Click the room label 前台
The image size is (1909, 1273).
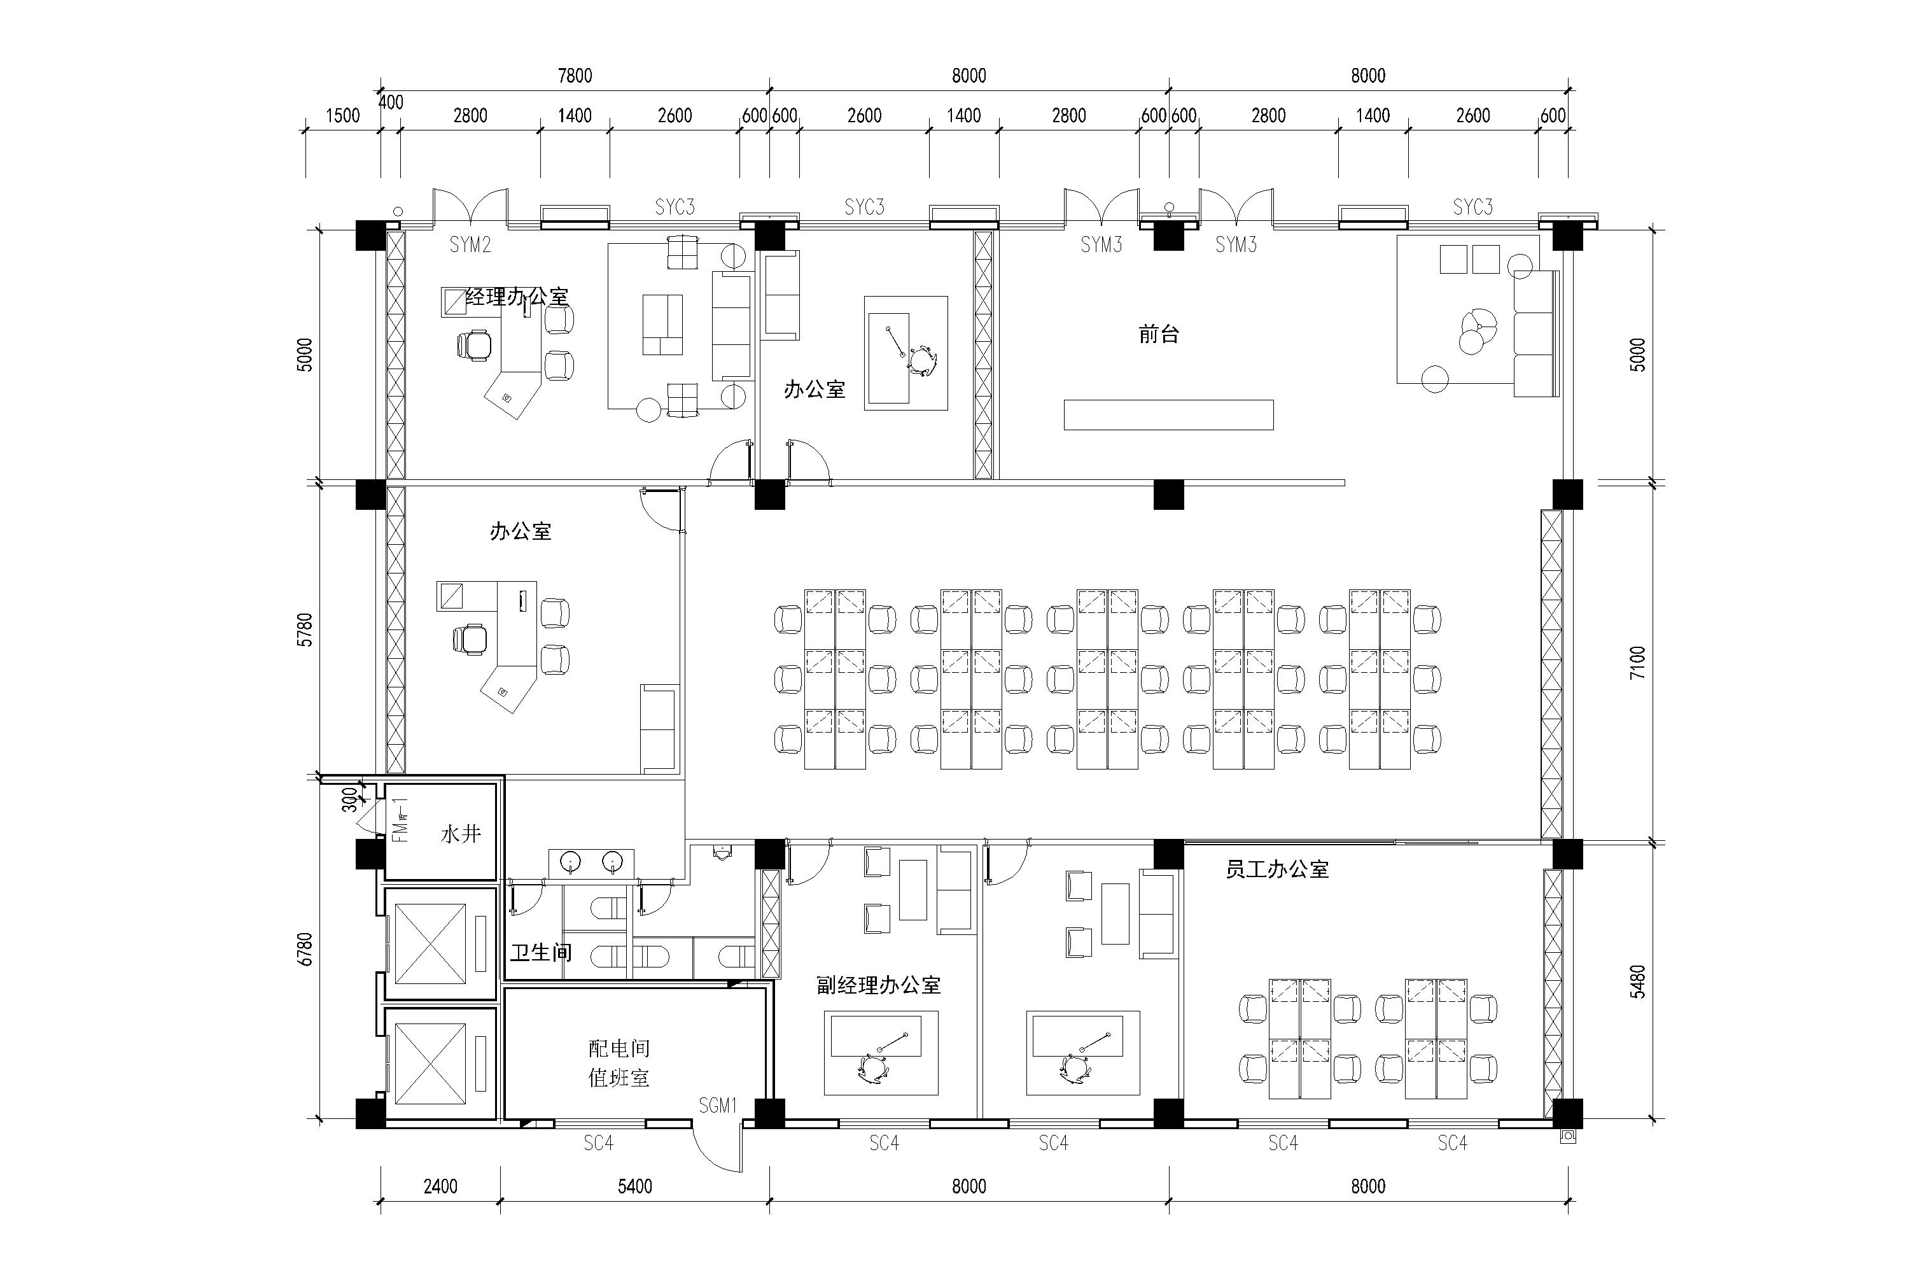[1158, 334]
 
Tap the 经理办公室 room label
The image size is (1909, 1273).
[516, 297]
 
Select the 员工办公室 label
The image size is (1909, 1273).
[1276, 869]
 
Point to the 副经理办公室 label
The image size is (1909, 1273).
[878, 985]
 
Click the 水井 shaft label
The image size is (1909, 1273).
[461, 834]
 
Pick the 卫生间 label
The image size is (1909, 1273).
[540, 952]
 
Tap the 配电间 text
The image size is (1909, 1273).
[619, 1048]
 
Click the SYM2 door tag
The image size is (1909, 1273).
[470, 244]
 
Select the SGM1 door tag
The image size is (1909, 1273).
[718, 1105]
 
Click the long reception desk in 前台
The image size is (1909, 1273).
[1169, 414]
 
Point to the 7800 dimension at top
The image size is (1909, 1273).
[575, 76]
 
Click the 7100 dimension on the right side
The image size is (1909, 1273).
[1638, 663]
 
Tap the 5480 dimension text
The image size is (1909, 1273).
[1638, 981]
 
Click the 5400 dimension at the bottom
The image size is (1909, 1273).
[634, 1186]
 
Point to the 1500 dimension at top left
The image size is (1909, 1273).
[342, 115]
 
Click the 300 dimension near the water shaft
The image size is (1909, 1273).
[349, 799]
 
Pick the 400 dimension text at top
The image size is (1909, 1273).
[391, 102]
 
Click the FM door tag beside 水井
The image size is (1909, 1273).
[400, 819]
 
